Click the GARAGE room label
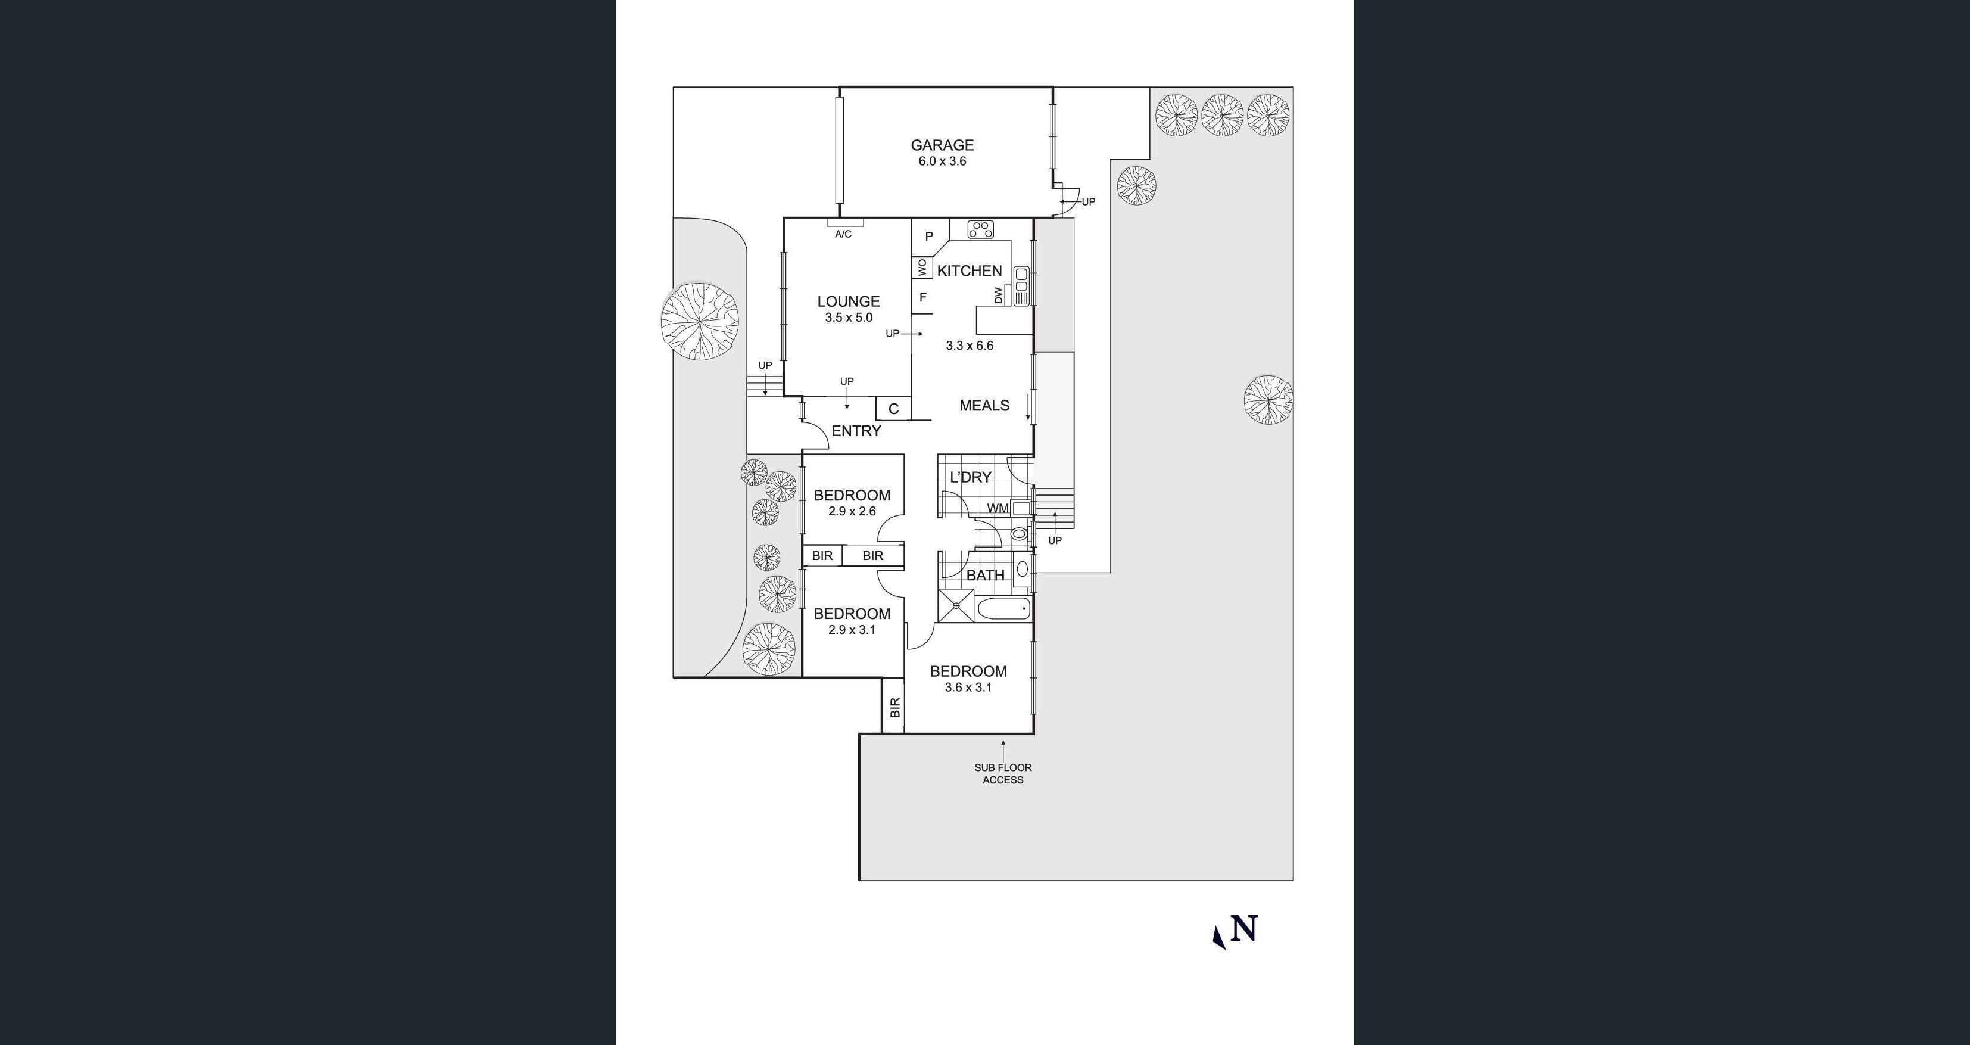pyautogui.click(x=942, y=145)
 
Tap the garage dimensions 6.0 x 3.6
pyautogui.click(x=942, y=161)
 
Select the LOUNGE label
pyautogui.click(x=848, y=301)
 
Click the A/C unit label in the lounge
pyautogui.click(x=843, y=234)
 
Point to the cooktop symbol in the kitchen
pyautogui.click(x=980, y=229)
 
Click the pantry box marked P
pyautogui.click(x=929, y=237)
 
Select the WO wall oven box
pyautogui.click(x=921, y=268)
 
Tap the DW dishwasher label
pyautogui.click(x=998, y=296)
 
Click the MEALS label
pyautogui.click(x=984, y=406)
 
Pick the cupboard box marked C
pyautogui.click(x=893, y=409)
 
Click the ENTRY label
pyautogui.click(x=856, y=431)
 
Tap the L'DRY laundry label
pyautogui.click(x=971, y=477)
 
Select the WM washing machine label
pyautogui.click(x=998, y=509)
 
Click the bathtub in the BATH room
pyautogui.click(x=1004, y=609)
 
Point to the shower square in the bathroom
pyautogui.click(x=956, y=605)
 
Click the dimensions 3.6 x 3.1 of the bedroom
pyautogui.click(x=968, y=688)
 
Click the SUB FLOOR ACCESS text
pyautogui.click(x=1003, y=773)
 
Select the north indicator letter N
pyautogui.click(x=1244, y=929)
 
